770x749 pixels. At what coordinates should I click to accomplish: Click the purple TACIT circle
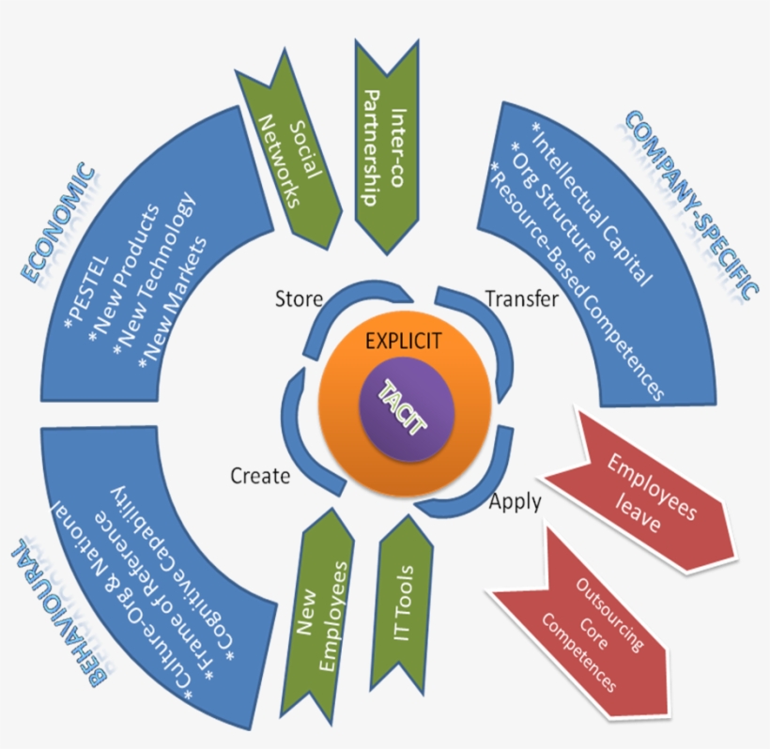point(406,412)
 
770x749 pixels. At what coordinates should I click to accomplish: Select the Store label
point(299,299)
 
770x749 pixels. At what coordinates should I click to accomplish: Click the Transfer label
point(521,299)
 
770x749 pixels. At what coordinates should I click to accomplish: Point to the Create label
point(260,477)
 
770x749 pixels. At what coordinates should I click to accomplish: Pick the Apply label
point(515,502)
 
